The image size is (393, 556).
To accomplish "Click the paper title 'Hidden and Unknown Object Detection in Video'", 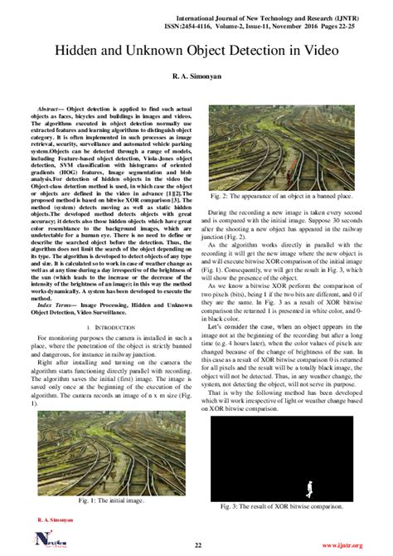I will [x=196, y=51].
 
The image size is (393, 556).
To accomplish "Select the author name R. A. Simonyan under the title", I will [x=196, y=76].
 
